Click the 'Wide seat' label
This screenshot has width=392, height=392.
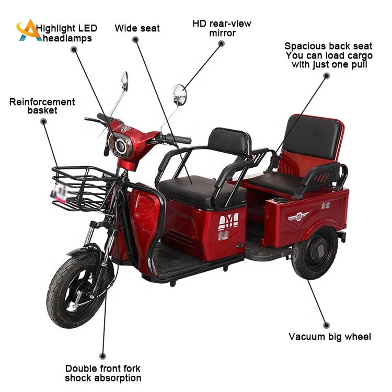tap(137, 28)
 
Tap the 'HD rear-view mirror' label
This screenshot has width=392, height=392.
tap(222, 28)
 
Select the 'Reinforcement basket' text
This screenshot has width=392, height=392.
tap(42, 106)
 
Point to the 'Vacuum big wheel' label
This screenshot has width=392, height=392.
tap(330, 337)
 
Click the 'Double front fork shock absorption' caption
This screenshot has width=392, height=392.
tap(103, 373)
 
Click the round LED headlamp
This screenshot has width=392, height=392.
tap(121, 144)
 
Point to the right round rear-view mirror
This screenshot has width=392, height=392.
tap(179, 95)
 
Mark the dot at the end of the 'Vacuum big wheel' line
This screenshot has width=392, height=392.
tap(326, 325)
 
